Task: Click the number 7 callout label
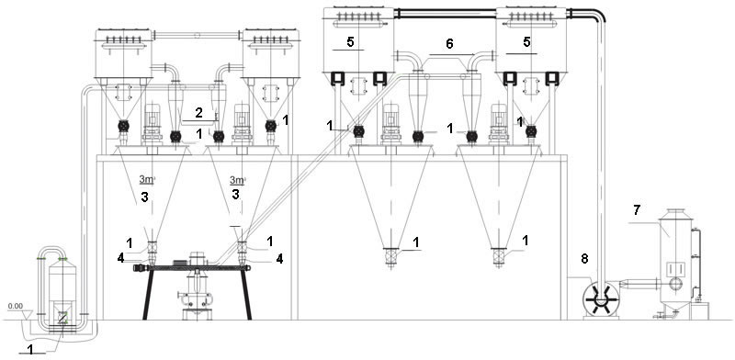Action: pyautogui.click(x=636, y=210)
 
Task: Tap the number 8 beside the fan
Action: pyautogui.click(x=584, y=258)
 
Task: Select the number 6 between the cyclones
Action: pyautogui.click(x=449, y=44)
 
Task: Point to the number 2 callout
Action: pyautogui.click(x=199, y=112)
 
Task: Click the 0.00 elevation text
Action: pyautogui.click(x=15, y=306)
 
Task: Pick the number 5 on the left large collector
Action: pyautogui.click(x=351, y=42)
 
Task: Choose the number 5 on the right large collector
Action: pyautogui.click(x=526, y=42)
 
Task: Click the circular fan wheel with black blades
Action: pyautogui.click(x=601, y=298)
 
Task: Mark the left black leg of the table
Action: pyautogui.click(x=148, y=294)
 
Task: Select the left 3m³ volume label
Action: pyautogui.click(x=146, y=179)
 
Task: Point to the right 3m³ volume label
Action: pyautogui.click(x=237, y=179)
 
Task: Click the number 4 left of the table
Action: pyautogui.click(x=121, y=258)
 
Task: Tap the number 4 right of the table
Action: pyautogui.click(x=279, y=259)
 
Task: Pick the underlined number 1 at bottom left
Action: pyautogui.click(x=31, y=349)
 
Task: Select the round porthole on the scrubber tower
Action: pyautogui.click(x=675, y=284)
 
